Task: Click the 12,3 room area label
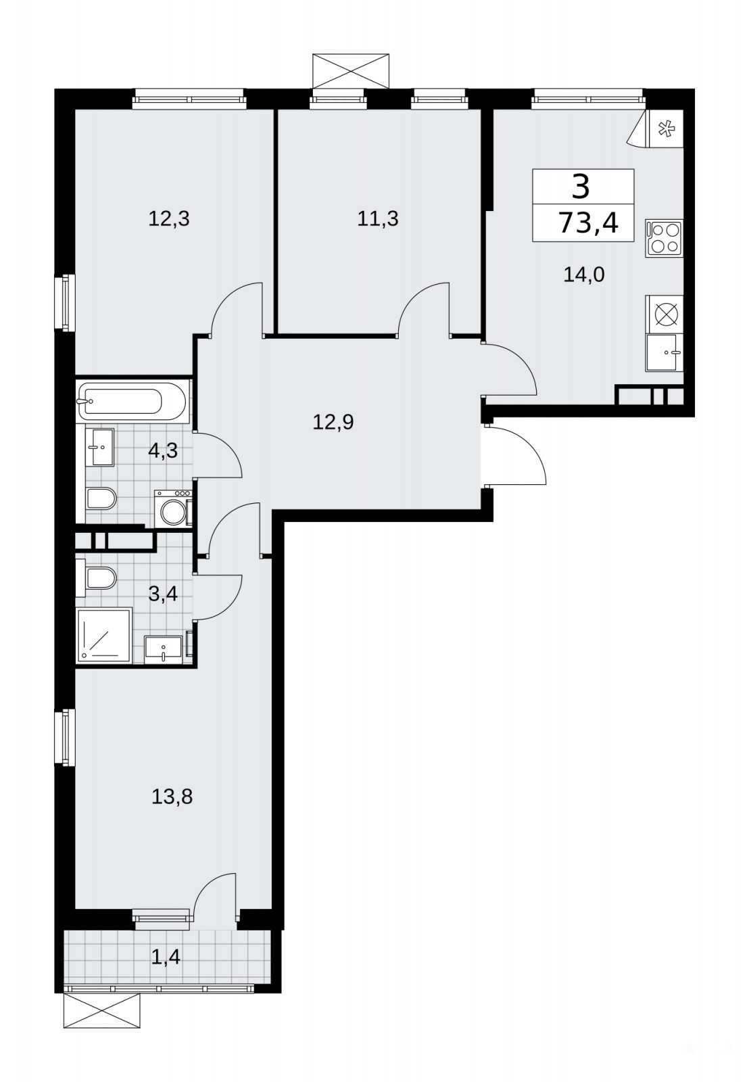[168, 220]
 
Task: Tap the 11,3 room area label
[378, 219]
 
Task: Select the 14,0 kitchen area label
[584, 275]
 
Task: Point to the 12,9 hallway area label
[333, 422]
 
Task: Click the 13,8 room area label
[172, 797]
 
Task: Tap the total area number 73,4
[588, 223]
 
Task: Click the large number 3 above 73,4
[581, 187]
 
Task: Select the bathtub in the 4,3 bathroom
[131, 401]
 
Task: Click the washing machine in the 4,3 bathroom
[173, 509]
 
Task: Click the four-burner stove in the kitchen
[664, 237]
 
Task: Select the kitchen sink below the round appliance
[664, 352]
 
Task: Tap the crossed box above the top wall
[351, 71]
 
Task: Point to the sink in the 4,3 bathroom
[100, 447]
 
